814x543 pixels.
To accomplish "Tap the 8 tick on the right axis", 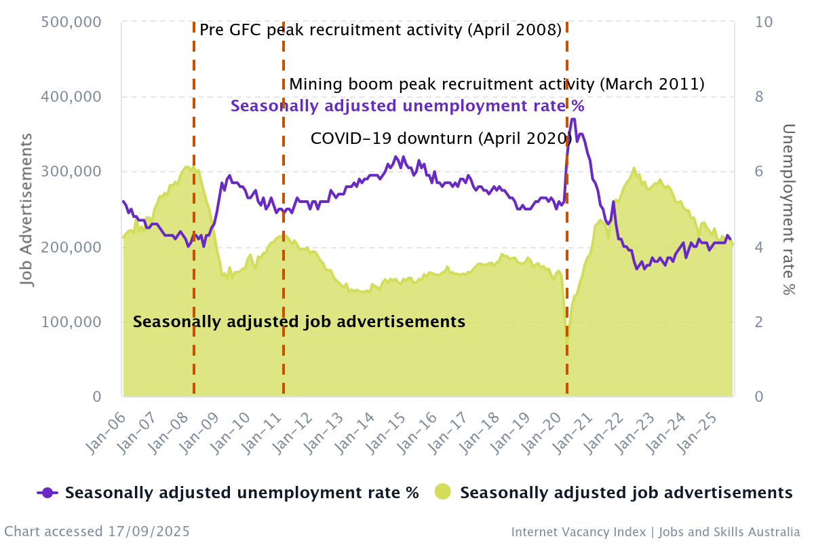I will coord(760,96).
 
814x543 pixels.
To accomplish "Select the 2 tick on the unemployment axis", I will coord(760,322).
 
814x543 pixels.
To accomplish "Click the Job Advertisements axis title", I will coord(26,210).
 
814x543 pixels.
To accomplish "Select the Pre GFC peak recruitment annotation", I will coord(381,30).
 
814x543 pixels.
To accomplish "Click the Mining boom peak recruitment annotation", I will coord(497,84).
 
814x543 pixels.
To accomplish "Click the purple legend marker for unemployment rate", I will coord(47,493).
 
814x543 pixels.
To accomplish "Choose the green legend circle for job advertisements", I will coord(443,493).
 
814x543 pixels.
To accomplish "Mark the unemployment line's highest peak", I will coord(573,119).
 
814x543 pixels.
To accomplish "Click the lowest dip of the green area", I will coord(568,336).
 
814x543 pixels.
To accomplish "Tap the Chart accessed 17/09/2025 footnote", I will coord(97,531).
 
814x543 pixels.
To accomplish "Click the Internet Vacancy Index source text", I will coord(655,531).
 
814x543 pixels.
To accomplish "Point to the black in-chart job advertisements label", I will coord(299,322).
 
